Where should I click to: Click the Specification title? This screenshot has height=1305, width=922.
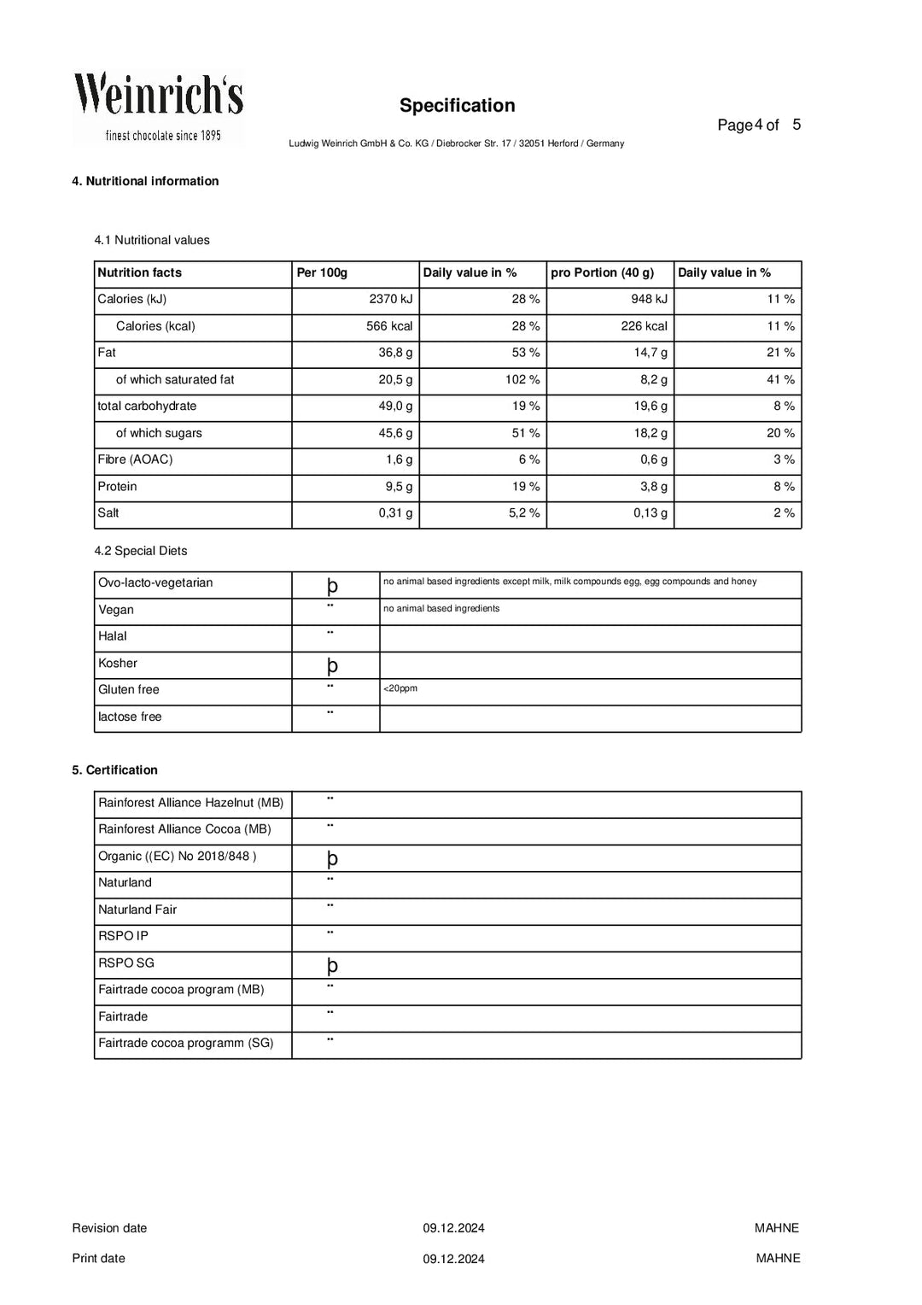click(x=457, y=106)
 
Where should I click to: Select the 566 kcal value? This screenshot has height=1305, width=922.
click(x=389, y=326)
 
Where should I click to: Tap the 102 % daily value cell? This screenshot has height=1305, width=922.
click(x=522, y=379)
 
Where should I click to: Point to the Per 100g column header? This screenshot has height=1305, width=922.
click(x=322, y=272)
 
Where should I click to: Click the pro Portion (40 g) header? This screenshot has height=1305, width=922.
click(x=602, y=272)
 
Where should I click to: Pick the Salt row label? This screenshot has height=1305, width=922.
click(x=108, y=513)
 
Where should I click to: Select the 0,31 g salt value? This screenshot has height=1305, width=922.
click(x=395, y=513)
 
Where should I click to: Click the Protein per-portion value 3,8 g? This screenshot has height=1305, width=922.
click(x=654, y=487)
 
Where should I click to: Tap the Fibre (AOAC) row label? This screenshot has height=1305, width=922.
click(x=135, y=459)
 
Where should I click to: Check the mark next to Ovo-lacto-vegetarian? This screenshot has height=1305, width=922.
click(x=332, y=586)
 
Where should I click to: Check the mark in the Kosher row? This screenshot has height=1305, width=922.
click(x=332, y=666)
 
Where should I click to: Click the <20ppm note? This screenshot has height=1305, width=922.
click(x=400, y=688)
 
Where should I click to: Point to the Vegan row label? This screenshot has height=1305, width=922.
click(x=116, y=610)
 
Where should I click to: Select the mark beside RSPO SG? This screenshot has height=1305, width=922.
click(x=332, y=966)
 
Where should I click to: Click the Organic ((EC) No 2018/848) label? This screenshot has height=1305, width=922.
click(x=177, y=856)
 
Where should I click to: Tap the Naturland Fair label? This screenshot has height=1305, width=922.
click(x=137, y=910)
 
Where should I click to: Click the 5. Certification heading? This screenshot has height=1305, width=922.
click(x=114, y=770)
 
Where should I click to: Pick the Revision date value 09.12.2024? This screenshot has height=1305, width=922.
click(x=453, y=1228)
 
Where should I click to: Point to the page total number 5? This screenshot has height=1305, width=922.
click(x=797, y=125)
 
